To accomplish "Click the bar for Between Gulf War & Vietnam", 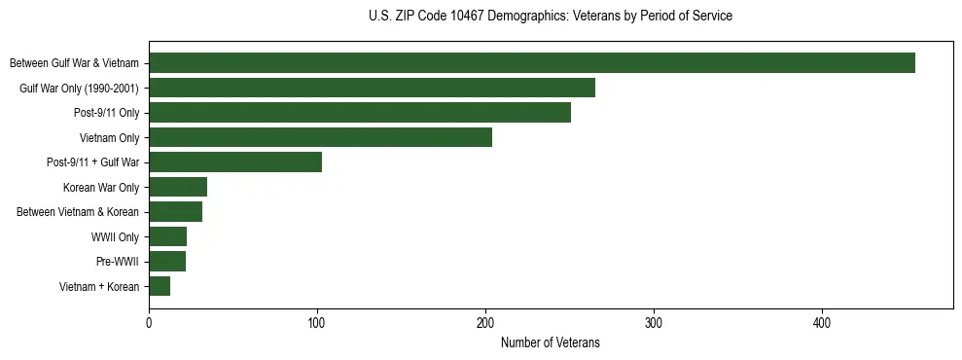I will pyautogui.click(x=531, y=63).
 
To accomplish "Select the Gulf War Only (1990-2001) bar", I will pyautogui.click(x=372, y=88).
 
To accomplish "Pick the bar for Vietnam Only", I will pyautogui.click(x=320, y=137).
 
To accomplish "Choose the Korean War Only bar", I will pyautogui.click(x=178, y=187).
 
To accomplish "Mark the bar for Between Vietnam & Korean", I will pyautogui.click(x=175, y=212).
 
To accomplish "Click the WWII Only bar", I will pyautogui.click(x=167, y=236).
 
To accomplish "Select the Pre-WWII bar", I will pyautogui.click(x=167, y=262).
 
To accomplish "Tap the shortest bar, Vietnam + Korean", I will pyautogui.click(x=160, y=286).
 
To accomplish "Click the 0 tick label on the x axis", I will pyautogui.click(x=149, y=322).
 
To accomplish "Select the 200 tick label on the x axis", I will pyautogui.click(x=485, y=322).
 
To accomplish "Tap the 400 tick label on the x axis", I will pyautogui.click(x=822, y=322).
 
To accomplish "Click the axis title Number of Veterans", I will pyautogui.click(x=550, y=343).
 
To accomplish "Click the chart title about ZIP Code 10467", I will pyautogui.click(x=550, y=17).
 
